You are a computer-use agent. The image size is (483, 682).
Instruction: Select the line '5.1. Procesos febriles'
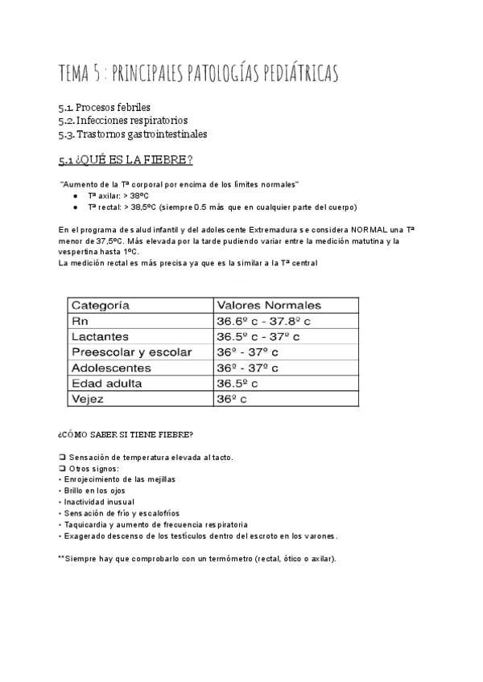[x=105, y=107]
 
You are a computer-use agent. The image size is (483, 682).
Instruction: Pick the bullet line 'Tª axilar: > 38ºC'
[x=120, y=195]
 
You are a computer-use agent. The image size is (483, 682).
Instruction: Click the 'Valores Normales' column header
[x=268, y=305]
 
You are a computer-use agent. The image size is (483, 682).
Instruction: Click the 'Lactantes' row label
[x=100, y=336]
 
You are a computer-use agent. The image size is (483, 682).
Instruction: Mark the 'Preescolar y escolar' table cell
[x=132, y=352]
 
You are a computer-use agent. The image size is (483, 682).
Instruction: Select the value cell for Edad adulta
[x=237, y=384]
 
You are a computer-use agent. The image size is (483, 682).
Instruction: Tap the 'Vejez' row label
[x=89, y=399]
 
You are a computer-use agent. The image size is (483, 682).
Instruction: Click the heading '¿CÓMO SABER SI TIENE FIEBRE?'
[x=126, y=435]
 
